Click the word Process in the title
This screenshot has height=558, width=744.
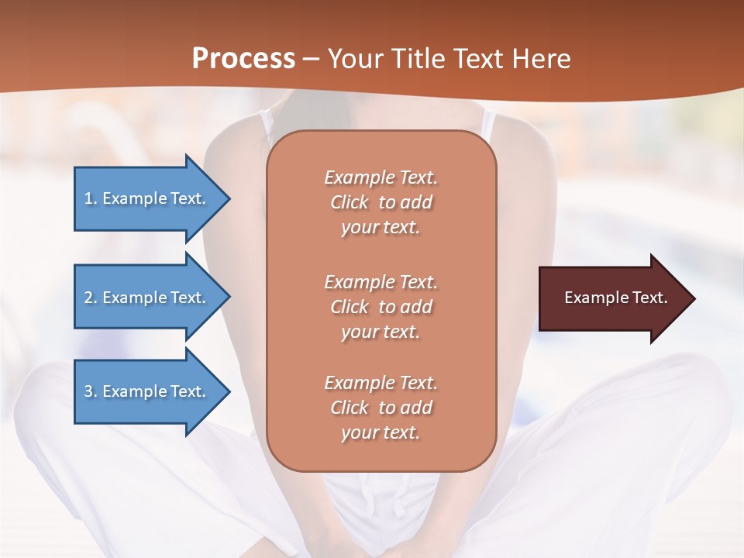point(243,59)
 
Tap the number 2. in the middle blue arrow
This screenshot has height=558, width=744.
point(91,298)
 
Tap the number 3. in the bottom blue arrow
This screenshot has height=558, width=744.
point(91,391)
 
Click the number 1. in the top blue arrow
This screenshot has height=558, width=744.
point(90,198)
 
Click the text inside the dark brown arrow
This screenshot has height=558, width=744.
point(616,298)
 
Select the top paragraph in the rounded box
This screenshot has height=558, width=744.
point(381,202)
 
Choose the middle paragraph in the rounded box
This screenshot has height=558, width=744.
point(381,307)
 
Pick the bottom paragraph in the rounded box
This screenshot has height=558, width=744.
point(381,408)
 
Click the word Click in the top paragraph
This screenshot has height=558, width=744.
point(350,202)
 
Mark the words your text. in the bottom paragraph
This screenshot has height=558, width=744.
point(381,432)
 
